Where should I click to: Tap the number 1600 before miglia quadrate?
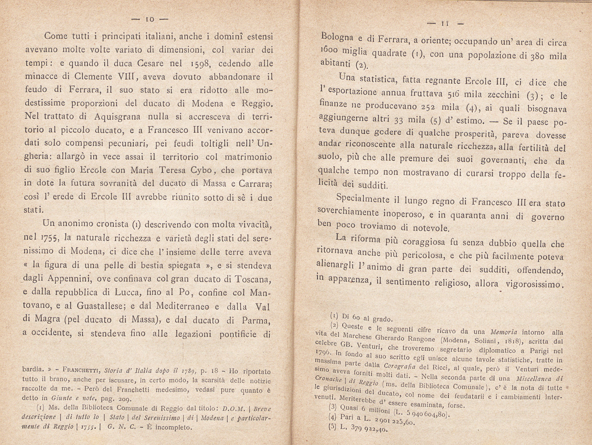(328, 51)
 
